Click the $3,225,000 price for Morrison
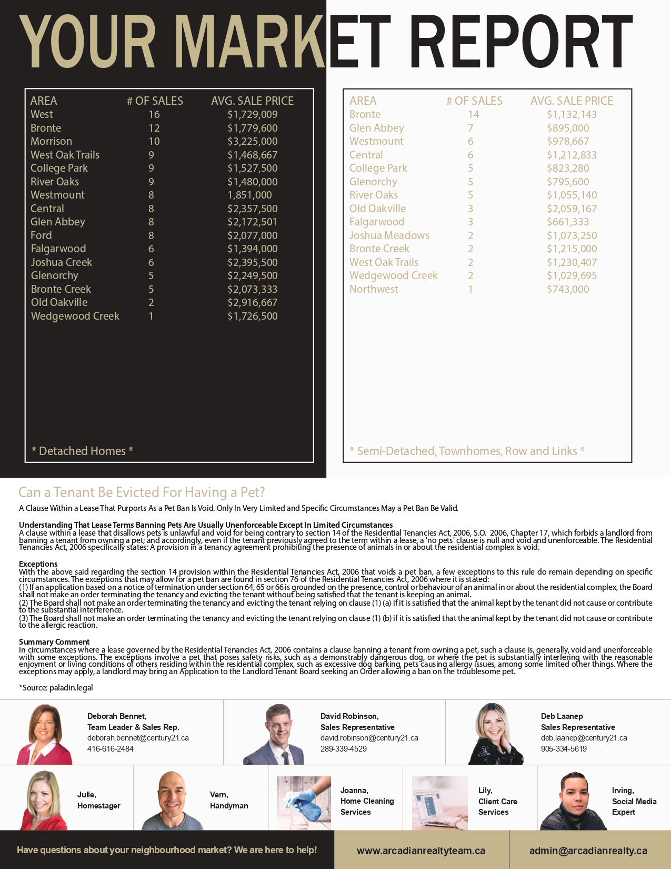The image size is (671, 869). click(252, 141)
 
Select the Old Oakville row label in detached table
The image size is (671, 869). click(59, 302)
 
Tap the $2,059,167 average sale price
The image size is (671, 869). click(572, 209)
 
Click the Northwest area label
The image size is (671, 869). click(374, 289)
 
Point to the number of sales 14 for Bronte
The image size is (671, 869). click(474, 114)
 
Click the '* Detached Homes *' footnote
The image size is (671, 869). click(82, 451)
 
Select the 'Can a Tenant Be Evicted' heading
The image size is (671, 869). click(142, 492)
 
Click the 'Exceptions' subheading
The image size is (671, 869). click(38, 564)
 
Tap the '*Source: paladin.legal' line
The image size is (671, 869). click(56, 687)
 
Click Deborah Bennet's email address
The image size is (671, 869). click(138, 738)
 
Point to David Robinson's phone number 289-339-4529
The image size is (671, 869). click(344, 749)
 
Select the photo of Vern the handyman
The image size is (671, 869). click(172, 801)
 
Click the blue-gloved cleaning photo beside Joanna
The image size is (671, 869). click(304, 803)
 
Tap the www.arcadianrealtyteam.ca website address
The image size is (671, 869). click(421, 851)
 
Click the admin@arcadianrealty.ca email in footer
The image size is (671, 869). click(588, 851)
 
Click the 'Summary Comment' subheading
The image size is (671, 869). click(54, 642)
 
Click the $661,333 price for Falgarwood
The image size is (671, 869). click(567, 222)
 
